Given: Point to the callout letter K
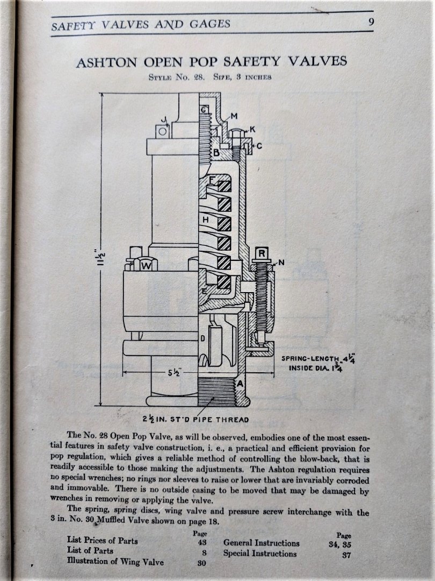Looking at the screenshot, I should [252, 130].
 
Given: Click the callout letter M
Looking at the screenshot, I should [234, 116].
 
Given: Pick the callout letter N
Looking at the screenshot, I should [282, 264].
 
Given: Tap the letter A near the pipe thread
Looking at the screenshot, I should [240, 383].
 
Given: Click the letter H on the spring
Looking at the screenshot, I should [205, 220].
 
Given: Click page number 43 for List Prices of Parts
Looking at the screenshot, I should [194, 542].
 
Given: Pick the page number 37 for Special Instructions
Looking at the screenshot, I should [346, 555].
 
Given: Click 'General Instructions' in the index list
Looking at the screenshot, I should [262, 543].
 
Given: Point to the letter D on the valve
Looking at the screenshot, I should [202, 338].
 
